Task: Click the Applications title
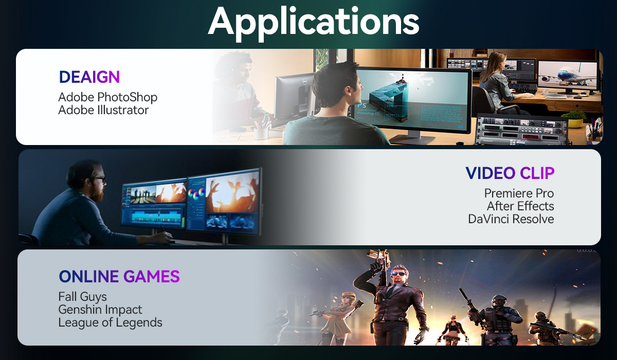(x=314, y=23)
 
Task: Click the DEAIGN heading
(x=89, y=77)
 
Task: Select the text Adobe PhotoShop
(x=107, y=97)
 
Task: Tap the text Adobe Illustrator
(x=103, y=110)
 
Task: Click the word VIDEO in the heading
(x=491, y=173)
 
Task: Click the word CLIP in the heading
(x=537, y=173)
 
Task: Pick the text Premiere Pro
(x=519, y=193)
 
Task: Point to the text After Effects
(x=520, y=206)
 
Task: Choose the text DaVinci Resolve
(x=511, y=219)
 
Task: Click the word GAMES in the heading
(x=152, y=276)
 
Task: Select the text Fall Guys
(x=82, y=297)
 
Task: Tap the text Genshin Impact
(x=100, y=310)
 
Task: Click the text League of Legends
(x=110, y=322)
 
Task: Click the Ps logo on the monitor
(x=361, y=105)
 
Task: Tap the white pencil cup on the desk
(x=261, y=133)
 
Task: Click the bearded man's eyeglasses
(x=101, y=180)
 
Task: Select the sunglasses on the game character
(x=399, y=274)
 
